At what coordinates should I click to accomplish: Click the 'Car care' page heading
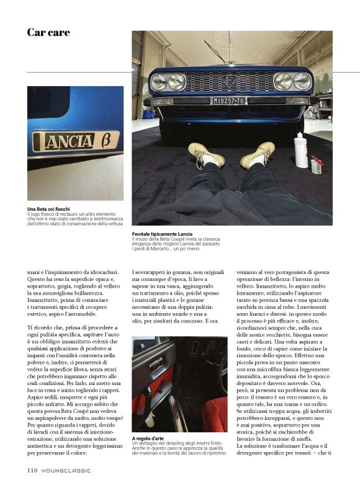pyautogui.click(x=48, y=32)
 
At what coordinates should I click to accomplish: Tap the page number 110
pyautogui.click(x=33, y=470)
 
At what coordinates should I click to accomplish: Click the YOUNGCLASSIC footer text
pyautogui.click(x=67, y=470)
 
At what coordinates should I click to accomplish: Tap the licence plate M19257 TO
pyautogui.click(x=229, y=100)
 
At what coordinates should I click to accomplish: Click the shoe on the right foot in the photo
pyautogui.click(x=259, y=154)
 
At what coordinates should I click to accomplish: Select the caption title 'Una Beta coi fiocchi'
pyautogui.click(x=49, y=209)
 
